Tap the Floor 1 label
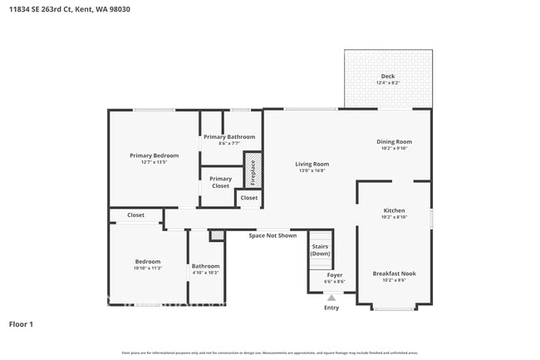click(x=21, y=323)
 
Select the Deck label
click(x=388, y=76)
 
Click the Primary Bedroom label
click(x=154, y=155)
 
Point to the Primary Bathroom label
click(x=229, y=136)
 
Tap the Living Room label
click(x=312, y=164)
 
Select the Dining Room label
click(x=394, y=141)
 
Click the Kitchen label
click(x=394, y=210)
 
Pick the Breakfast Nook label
click(x=394, y=274)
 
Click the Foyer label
click(x=334, y=274)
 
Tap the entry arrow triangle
click(x=331, y=297)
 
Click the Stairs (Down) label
click(x=321, y=249)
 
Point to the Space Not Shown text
click(x=272, y=235)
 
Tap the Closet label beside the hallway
click(x=135, y=215)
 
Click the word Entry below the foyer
click(x=331, y=308)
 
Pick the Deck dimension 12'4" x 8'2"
click(x=388, y=83)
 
